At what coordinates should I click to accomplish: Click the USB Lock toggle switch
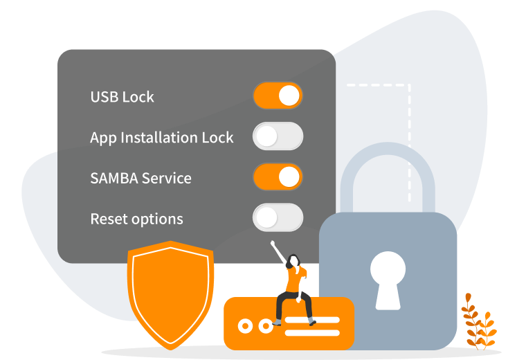278,96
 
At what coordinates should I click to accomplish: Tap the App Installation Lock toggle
278,136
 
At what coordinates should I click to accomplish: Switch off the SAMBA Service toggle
278,177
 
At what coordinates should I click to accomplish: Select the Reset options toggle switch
278,217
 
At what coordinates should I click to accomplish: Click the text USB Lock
122,97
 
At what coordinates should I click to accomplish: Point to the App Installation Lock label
161,138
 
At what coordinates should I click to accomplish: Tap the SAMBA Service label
140,178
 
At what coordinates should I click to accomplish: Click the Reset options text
136,219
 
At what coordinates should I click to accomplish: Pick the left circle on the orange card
244,325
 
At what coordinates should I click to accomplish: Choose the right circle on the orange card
266,325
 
